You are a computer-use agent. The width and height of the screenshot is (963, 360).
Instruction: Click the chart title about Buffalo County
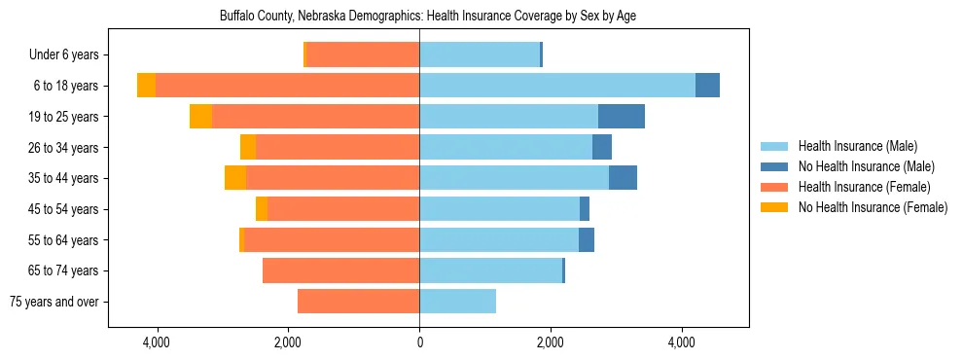click(x=428, y=17)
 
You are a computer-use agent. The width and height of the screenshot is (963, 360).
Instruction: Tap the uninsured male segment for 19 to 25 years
click(x=621, y=117)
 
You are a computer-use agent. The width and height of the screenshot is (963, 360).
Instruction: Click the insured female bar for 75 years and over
click(x=358, y=302)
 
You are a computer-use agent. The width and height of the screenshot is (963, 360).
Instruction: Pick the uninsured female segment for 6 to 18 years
click(x=146, y=86)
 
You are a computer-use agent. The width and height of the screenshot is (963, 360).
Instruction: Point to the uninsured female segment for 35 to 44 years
click(x=234, y=178)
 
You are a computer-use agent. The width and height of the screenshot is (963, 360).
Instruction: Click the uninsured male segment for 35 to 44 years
click(x=623, y=178)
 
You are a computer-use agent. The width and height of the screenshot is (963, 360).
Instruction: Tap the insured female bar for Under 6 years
click(x=363, y=55)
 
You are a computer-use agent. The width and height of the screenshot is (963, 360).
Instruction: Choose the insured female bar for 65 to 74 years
click(x=340, y=270)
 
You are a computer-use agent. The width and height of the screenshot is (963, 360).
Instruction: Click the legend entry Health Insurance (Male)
click(x=858, y=146)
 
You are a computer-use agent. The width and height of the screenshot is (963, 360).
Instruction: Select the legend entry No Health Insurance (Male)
click(x=866, y=166)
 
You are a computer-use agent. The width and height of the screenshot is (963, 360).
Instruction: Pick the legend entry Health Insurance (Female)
click(x=864, y=187)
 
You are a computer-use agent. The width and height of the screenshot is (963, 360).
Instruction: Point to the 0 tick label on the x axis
click(x=419, y=342)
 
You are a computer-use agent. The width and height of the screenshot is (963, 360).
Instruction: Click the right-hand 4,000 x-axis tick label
click(x=681, y=342)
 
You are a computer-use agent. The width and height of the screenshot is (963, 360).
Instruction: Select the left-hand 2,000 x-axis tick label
click(x=288, y=342)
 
